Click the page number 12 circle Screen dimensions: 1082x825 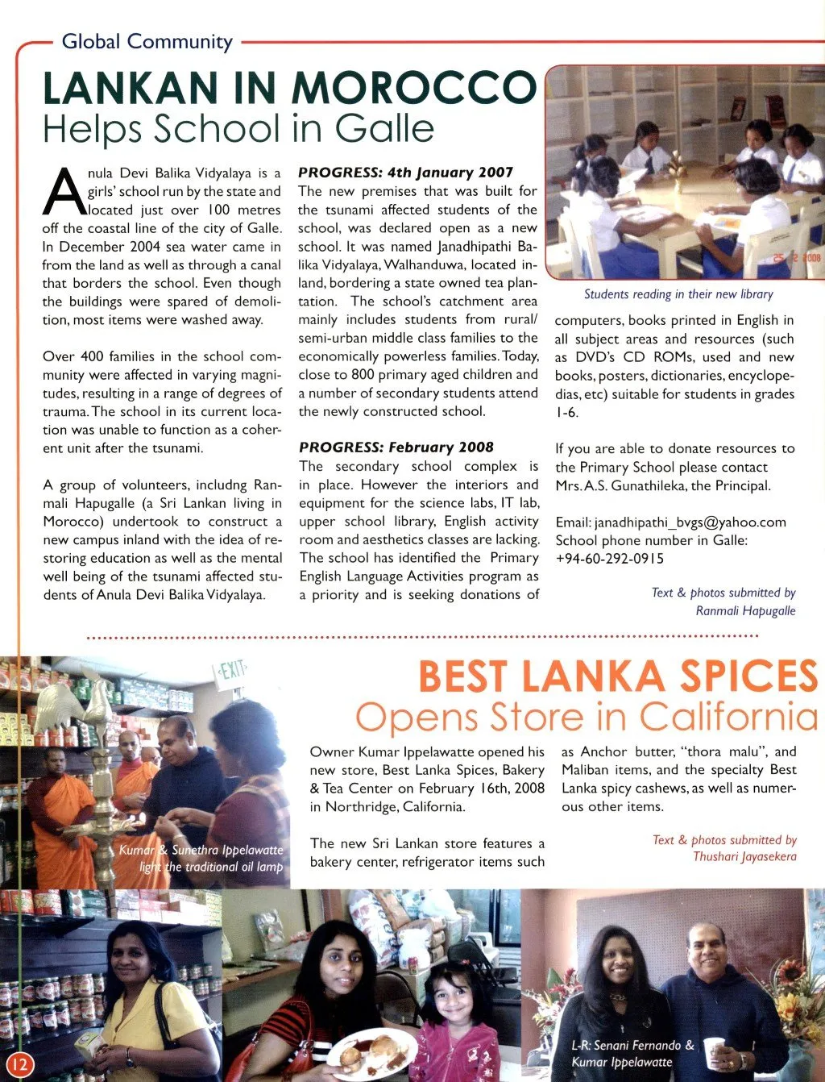20,1064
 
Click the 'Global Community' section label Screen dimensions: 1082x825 147,42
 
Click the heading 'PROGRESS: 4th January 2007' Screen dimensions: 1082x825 405,173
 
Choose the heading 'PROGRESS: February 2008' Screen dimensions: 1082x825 396,447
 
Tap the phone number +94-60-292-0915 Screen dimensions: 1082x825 610,559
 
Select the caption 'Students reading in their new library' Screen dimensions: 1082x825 678,294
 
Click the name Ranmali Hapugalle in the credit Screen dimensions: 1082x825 745,611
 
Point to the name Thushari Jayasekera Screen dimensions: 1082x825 744,856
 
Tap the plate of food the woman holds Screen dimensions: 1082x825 371,1052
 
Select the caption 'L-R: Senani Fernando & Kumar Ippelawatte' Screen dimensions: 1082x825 630,1053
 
